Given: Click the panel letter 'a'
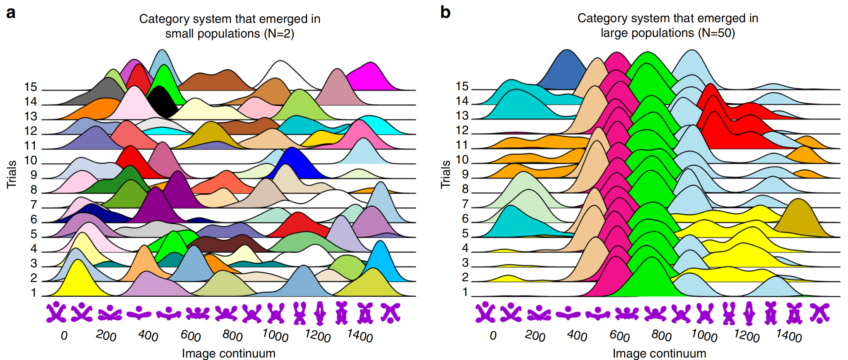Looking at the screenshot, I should tap(11, 13).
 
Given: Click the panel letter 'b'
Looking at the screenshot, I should tap(445, 13).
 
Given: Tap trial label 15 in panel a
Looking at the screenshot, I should tap(30, 87).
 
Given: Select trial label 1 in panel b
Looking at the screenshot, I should tap(465, 292).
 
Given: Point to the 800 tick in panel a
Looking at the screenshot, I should tap(232, 336).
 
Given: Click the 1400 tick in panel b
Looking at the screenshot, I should tap(789, 336).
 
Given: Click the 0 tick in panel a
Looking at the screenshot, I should tap(64, 336).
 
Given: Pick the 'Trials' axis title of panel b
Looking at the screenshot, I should tap(445, 174).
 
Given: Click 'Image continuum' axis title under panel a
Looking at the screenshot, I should tap(229, 353).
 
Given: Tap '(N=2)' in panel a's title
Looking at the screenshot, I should tap(279, 34).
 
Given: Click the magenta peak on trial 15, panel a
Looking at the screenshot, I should tap(370, 77).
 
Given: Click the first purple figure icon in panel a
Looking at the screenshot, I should tap(56, 312).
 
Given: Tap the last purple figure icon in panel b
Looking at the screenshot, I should tap(820, 313).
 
